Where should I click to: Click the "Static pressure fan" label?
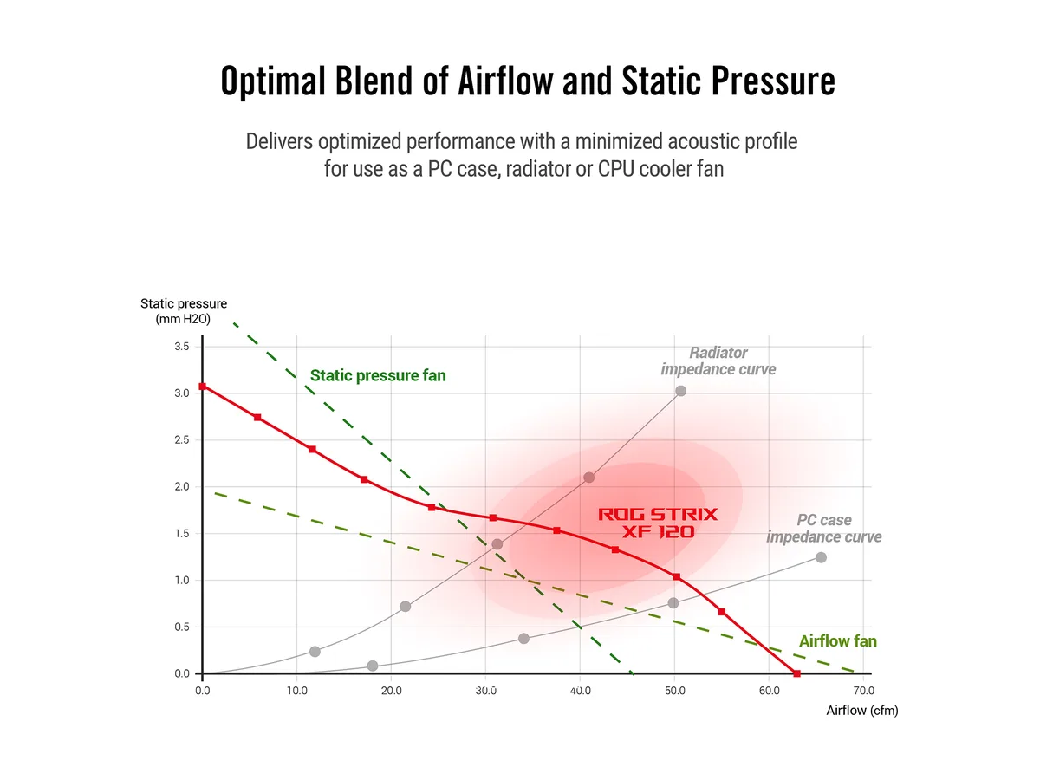point(378,375)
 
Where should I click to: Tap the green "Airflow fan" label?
point(837,641)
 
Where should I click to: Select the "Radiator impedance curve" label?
point(718,361)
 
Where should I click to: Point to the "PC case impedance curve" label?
point(823,528)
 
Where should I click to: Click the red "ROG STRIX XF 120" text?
point(658,523)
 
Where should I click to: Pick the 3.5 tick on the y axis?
point(181,346)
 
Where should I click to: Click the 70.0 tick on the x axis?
point(863,691)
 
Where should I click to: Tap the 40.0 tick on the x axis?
point(580,691)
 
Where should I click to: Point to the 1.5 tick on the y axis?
point(181,534)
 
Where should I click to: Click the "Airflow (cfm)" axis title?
point(861,711)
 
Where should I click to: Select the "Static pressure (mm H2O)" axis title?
point(184,311)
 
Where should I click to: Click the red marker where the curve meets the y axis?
point(202,387)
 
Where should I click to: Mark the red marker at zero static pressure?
point(796,673)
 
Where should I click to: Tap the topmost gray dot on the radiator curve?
point(680,391)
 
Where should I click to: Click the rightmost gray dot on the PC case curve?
point(821,557)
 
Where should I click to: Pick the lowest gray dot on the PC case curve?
point(373,666)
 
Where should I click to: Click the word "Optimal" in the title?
point(273,81)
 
